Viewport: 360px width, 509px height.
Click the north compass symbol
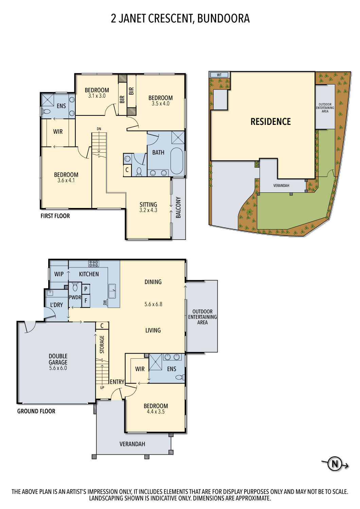(x=335, y=464)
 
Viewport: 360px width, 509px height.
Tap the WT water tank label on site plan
(x=219, y=75)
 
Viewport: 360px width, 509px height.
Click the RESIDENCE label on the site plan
(x=270, y=122)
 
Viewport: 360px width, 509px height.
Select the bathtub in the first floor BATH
(x=177, y=161)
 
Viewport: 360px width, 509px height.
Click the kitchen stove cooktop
(x=94, y=263)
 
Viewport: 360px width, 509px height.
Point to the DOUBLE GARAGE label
(x=58, y=359)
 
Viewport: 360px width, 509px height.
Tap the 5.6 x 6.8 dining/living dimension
(x=153, y=304)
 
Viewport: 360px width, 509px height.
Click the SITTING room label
(x=148, y=205)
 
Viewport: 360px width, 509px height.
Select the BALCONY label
(x=178, y=207)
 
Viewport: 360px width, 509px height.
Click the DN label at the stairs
(x=99, y=129)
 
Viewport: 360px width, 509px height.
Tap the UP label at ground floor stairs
(x=102, y=388)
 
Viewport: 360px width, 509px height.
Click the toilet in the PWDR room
(x=75, y=288)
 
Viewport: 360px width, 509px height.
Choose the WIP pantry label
(x=59, y=274)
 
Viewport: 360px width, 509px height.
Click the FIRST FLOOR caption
(x=55, y=216)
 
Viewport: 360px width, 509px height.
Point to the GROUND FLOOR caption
(x=36, y=411)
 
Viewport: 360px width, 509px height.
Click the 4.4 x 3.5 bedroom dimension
(x=156, y=412)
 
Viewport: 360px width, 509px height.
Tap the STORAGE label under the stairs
(x=102, y=344)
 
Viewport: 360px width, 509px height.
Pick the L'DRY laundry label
(x=56, y=305)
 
